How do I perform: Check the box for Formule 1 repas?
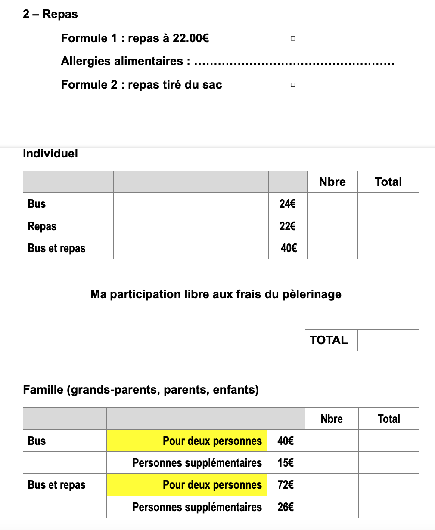[293, 39]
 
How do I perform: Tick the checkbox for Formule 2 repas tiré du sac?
[293, 85]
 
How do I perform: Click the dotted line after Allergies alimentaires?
[294, 64]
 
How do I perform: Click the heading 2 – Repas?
[50, 14]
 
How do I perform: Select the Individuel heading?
[50, 154]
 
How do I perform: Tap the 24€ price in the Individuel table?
[288, 204]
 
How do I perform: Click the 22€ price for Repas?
[288, 226]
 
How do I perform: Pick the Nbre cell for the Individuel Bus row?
[332, 204]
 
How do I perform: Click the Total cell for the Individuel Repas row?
[388, 226]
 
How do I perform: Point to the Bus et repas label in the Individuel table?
[56, 248]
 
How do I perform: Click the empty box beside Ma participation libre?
[382, 294]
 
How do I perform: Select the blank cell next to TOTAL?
[388, 340]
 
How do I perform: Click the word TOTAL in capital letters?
[329, 340]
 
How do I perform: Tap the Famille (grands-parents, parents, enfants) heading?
[141, 390]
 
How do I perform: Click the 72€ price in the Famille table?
[286, 485]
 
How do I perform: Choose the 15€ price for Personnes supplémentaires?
[286, 463]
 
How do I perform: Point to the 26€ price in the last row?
[286, 507]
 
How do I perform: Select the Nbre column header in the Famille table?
[332, 419]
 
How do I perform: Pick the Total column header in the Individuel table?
[388, 182]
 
